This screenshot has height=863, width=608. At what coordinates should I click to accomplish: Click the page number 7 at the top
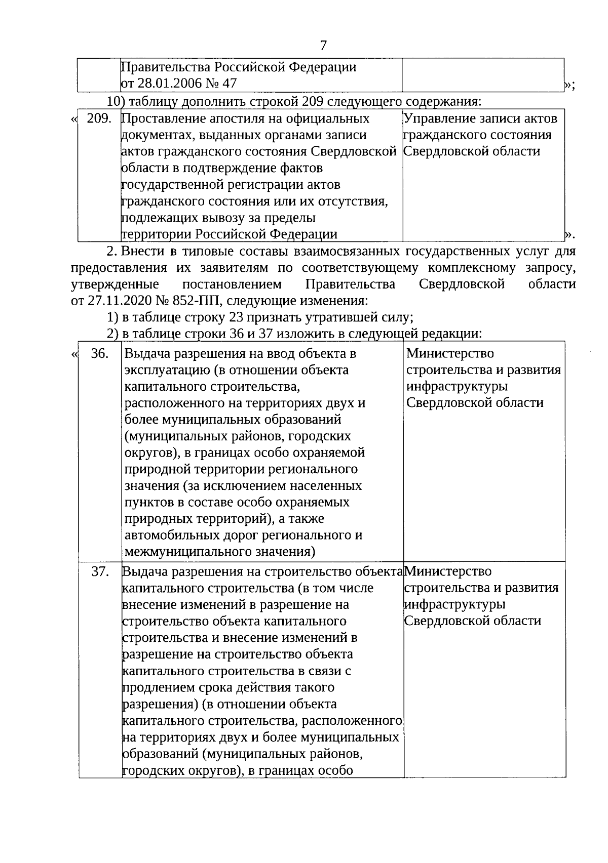[323, 46]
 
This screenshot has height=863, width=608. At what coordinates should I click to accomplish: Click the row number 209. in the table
[99, 119]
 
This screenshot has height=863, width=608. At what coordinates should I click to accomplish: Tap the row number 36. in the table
[100, 353]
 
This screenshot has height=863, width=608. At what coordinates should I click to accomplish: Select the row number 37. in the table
[100, 571]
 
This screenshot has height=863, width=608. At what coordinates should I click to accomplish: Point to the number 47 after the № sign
[227, 83]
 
